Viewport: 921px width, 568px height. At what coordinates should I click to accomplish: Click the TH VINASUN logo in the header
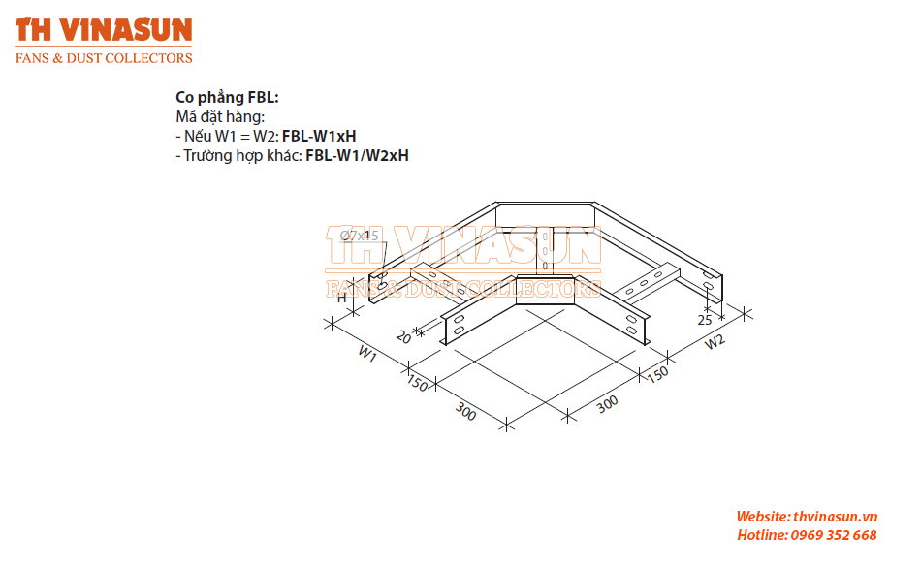[104, 30]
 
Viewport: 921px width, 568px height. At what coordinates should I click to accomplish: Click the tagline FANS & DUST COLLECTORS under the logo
[104, 58]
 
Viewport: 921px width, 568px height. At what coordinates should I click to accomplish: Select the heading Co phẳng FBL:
[227, 98]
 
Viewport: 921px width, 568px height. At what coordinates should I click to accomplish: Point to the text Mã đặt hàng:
[220, 117]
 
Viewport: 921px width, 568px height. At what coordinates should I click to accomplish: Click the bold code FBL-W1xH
[319, 137]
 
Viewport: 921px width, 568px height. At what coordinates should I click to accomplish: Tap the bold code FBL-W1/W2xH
[357, 156]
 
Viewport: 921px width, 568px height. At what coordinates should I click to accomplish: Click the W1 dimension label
[367, 353]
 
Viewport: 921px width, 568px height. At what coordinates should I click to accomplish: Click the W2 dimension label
[715, 342]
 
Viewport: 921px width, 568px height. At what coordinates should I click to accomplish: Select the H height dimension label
[342, 299]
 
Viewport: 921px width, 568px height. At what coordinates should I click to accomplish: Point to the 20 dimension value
[403, 337]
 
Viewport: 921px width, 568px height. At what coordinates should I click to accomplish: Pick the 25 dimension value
[705, 320]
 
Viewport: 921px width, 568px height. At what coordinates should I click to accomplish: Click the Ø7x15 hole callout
[360, 236]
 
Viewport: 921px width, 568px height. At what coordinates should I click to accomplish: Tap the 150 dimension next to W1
[417, 383]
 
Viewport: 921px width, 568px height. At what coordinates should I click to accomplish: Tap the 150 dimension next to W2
[658, 374]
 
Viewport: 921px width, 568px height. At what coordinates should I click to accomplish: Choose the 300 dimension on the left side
[465, 411]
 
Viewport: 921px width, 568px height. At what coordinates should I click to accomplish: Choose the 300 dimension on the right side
[607, 404]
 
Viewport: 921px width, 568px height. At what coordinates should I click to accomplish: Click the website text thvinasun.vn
[836, 517]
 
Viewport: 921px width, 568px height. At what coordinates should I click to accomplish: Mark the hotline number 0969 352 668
[834, 535]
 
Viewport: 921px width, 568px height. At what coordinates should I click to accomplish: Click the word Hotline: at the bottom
[762, 535]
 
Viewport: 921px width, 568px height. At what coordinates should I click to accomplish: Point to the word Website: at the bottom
[763, 517]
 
